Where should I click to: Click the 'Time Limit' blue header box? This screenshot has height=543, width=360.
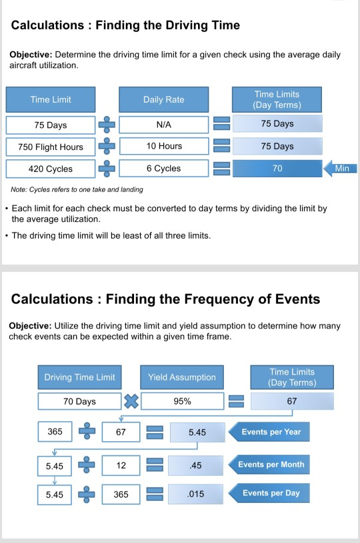[x=51, y=100]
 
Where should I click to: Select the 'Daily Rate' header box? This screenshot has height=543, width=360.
[x=163, y=100]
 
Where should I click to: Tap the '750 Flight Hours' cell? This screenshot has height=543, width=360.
[x=51, y=147]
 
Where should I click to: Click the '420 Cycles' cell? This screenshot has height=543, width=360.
[x=51, y=169]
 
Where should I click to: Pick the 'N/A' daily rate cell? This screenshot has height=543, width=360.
[x=163, y=124]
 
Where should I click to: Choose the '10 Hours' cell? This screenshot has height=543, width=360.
[x=163, y=146]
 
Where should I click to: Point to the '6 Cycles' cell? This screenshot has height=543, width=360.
[x=163, y=169]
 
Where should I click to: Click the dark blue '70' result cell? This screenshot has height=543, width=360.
[x=277, y=169]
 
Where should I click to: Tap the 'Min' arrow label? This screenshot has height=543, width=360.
[x=341, y=169]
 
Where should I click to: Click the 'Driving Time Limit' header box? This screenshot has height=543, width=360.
[x=79, y=377]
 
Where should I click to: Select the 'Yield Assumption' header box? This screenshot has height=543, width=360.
[x=182, y=377]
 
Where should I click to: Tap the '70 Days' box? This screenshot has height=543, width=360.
[x=79, y=401]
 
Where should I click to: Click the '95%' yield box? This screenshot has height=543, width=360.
[x=182, y=401]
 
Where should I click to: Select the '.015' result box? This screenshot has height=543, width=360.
[x=196, y=494]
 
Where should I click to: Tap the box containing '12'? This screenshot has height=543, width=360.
[x=121, y=464]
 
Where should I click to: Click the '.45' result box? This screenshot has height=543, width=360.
[x=196, y=464]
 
